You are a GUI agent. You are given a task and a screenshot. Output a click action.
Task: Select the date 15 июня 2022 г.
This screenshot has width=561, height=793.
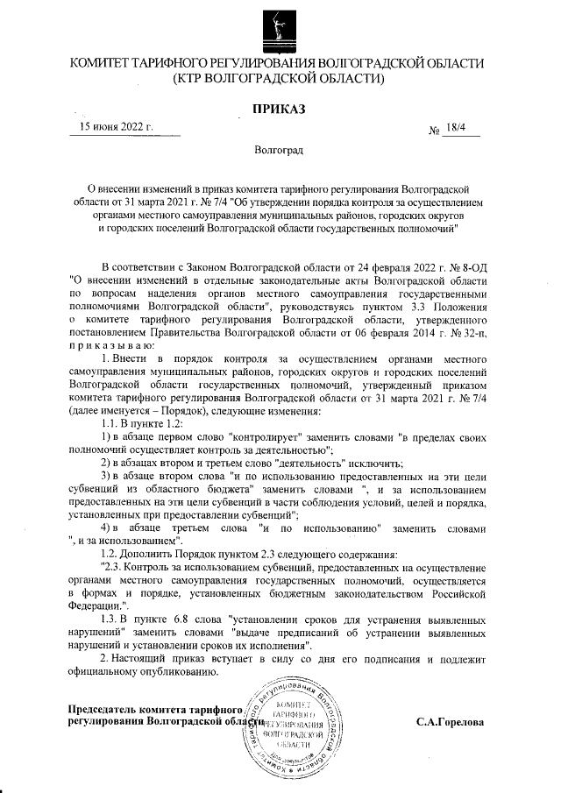[117, 126]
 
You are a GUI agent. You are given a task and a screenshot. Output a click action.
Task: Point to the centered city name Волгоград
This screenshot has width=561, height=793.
[279, 151]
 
